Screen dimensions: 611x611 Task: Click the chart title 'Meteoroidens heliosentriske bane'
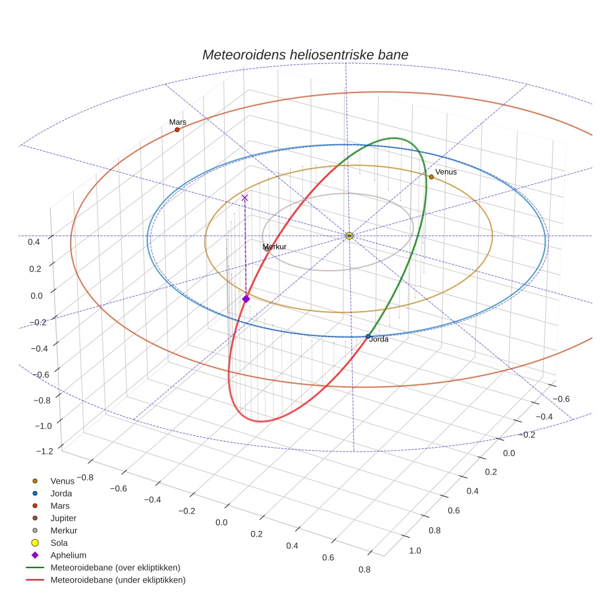[x=305, y=55]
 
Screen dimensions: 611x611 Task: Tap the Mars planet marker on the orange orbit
[x=177, y=130]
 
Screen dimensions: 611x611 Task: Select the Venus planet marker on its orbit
[x=431, y=177]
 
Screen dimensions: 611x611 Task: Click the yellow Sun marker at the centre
[x=349, y=236]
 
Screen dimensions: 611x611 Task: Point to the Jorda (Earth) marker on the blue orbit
[x=368, y=337]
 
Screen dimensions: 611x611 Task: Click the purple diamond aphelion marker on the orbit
[x=246, y=299]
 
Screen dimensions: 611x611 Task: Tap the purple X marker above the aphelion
[x=245, y=197]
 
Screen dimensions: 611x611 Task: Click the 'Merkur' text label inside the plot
[x=274, y=247]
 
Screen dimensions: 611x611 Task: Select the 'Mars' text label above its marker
[x=178, y=122]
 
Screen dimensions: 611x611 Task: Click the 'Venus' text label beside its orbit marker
[x=446, y=171]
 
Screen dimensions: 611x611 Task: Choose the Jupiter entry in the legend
[x=64, y=518]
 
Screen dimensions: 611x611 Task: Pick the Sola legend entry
[x=59, y=543]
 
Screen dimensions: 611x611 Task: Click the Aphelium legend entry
[x=68, y=555]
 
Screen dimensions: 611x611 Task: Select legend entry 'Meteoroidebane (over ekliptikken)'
[x=115, y=568]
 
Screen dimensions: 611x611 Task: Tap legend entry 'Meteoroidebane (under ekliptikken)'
[x=117, y=580]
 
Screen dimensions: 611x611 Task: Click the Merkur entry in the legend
[x=63, y=530]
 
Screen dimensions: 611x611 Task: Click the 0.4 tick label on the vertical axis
[x=34, y=242]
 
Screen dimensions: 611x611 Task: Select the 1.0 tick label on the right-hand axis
[x=415, y=550]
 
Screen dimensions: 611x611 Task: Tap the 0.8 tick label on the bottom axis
[x=364, y=569]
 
